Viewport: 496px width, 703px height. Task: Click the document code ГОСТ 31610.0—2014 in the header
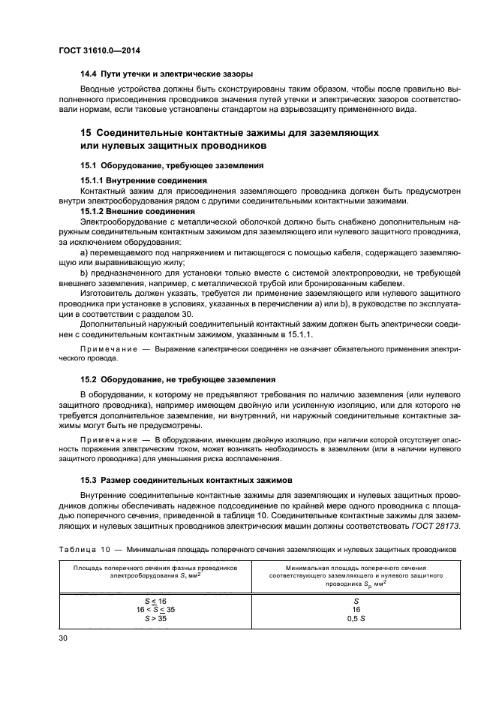click(99, 50)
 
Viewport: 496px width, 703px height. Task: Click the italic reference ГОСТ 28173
click(440, 525)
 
